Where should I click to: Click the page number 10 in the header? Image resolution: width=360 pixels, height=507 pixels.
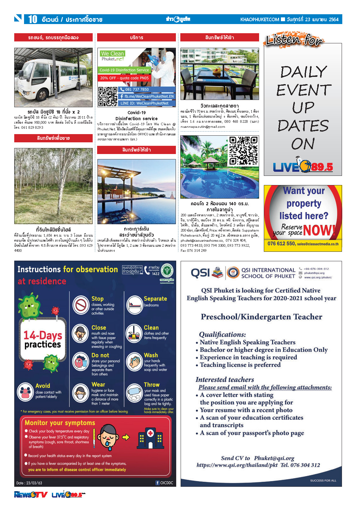[33, 19]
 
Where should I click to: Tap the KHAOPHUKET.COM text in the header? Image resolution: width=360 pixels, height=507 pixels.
[259, 20]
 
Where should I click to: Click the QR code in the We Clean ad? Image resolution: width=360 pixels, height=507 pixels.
[108, 96]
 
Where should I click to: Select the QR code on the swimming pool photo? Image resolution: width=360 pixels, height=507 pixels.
[243, 151]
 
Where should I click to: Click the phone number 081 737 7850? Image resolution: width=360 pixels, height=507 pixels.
[137, 90]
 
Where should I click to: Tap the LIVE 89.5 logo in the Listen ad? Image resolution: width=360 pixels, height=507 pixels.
[303, 166]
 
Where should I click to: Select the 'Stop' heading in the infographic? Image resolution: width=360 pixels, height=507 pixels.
[97, 299]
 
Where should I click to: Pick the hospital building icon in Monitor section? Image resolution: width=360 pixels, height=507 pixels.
[150, 437]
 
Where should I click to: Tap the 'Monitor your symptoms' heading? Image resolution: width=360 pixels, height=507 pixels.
[60, 423]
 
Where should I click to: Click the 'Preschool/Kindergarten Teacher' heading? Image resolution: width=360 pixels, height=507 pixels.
[261, 317]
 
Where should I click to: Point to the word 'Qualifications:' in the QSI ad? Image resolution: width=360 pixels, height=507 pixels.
[222, 335]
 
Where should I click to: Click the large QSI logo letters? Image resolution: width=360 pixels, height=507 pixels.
[200, 273]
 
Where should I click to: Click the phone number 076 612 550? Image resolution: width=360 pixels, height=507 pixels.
[281, 244]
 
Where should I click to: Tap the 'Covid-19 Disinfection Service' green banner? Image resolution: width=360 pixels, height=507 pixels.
[124, 70]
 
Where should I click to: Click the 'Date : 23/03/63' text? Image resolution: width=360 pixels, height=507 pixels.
[29, 483]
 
